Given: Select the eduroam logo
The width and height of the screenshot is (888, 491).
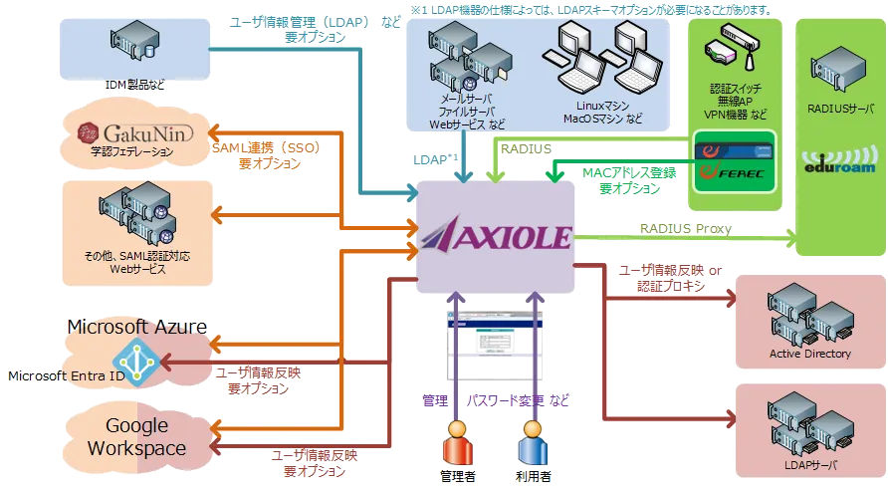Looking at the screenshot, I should point(839,163).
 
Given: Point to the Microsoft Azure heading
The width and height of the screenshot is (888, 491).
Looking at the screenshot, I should point(136,327).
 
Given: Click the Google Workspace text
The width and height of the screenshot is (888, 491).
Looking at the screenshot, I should point(136,437).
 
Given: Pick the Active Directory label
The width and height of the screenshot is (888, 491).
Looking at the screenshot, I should point(810,354).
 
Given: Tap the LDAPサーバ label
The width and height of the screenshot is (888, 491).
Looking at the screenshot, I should point(810,465).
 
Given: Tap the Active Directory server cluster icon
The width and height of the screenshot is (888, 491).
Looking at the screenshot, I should point(809,314).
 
